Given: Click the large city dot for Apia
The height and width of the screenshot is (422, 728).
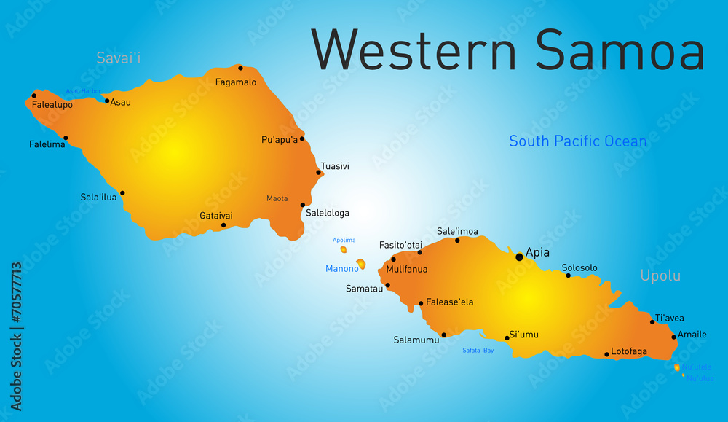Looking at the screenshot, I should click(519, 257).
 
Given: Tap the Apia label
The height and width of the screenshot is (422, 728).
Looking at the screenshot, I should click(537, 253).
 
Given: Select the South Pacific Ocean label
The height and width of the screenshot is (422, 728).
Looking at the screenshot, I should click(577, 141).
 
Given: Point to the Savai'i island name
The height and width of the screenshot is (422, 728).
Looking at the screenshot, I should click(119, 58).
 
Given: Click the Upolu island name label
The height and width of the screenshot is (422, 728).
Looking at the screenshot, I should click(660, 276).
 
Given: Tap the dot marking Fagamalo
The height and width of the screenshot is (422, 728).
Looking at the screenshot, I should click(240, 68).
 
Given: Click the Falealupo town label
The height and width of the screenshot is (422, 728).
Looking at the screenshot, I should click(52, 105).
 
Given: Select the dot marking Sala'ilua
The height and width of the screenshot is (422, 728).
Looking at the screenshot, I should click(122, 193).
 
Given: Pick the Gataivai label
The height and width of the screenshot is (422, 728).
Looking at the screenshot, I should click(216, 216).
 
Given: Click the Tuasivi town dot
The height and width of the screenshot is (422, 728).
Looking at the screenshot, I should click(319, 173).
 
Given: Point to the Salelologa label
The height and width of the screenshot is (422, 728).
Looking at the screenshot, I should click(328, 213).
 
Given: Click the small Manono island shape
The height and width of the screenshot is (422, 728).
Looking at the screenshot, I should click(360, 265).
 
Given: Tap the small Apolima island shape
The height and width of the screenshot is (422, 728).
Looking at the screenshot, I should click(344, 249).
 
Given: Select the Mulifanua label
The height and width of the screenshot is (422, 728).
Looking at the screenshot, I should click(407, 269).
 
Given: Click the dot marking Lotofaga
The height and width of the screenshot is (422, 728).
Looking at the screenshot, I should click(606, 355).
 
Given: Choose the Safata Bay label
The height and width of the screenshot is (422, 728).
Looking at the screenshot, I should click(478, 351).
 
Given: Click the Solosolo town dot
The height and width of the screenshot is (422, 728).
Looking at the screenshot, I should click(568, 276).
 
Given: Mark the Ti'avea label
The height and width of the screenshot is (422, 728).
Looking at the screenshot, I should click(669, 318).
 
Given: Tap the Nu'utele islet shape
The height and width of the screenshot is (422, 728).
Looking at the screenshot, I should click(677, 367).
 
